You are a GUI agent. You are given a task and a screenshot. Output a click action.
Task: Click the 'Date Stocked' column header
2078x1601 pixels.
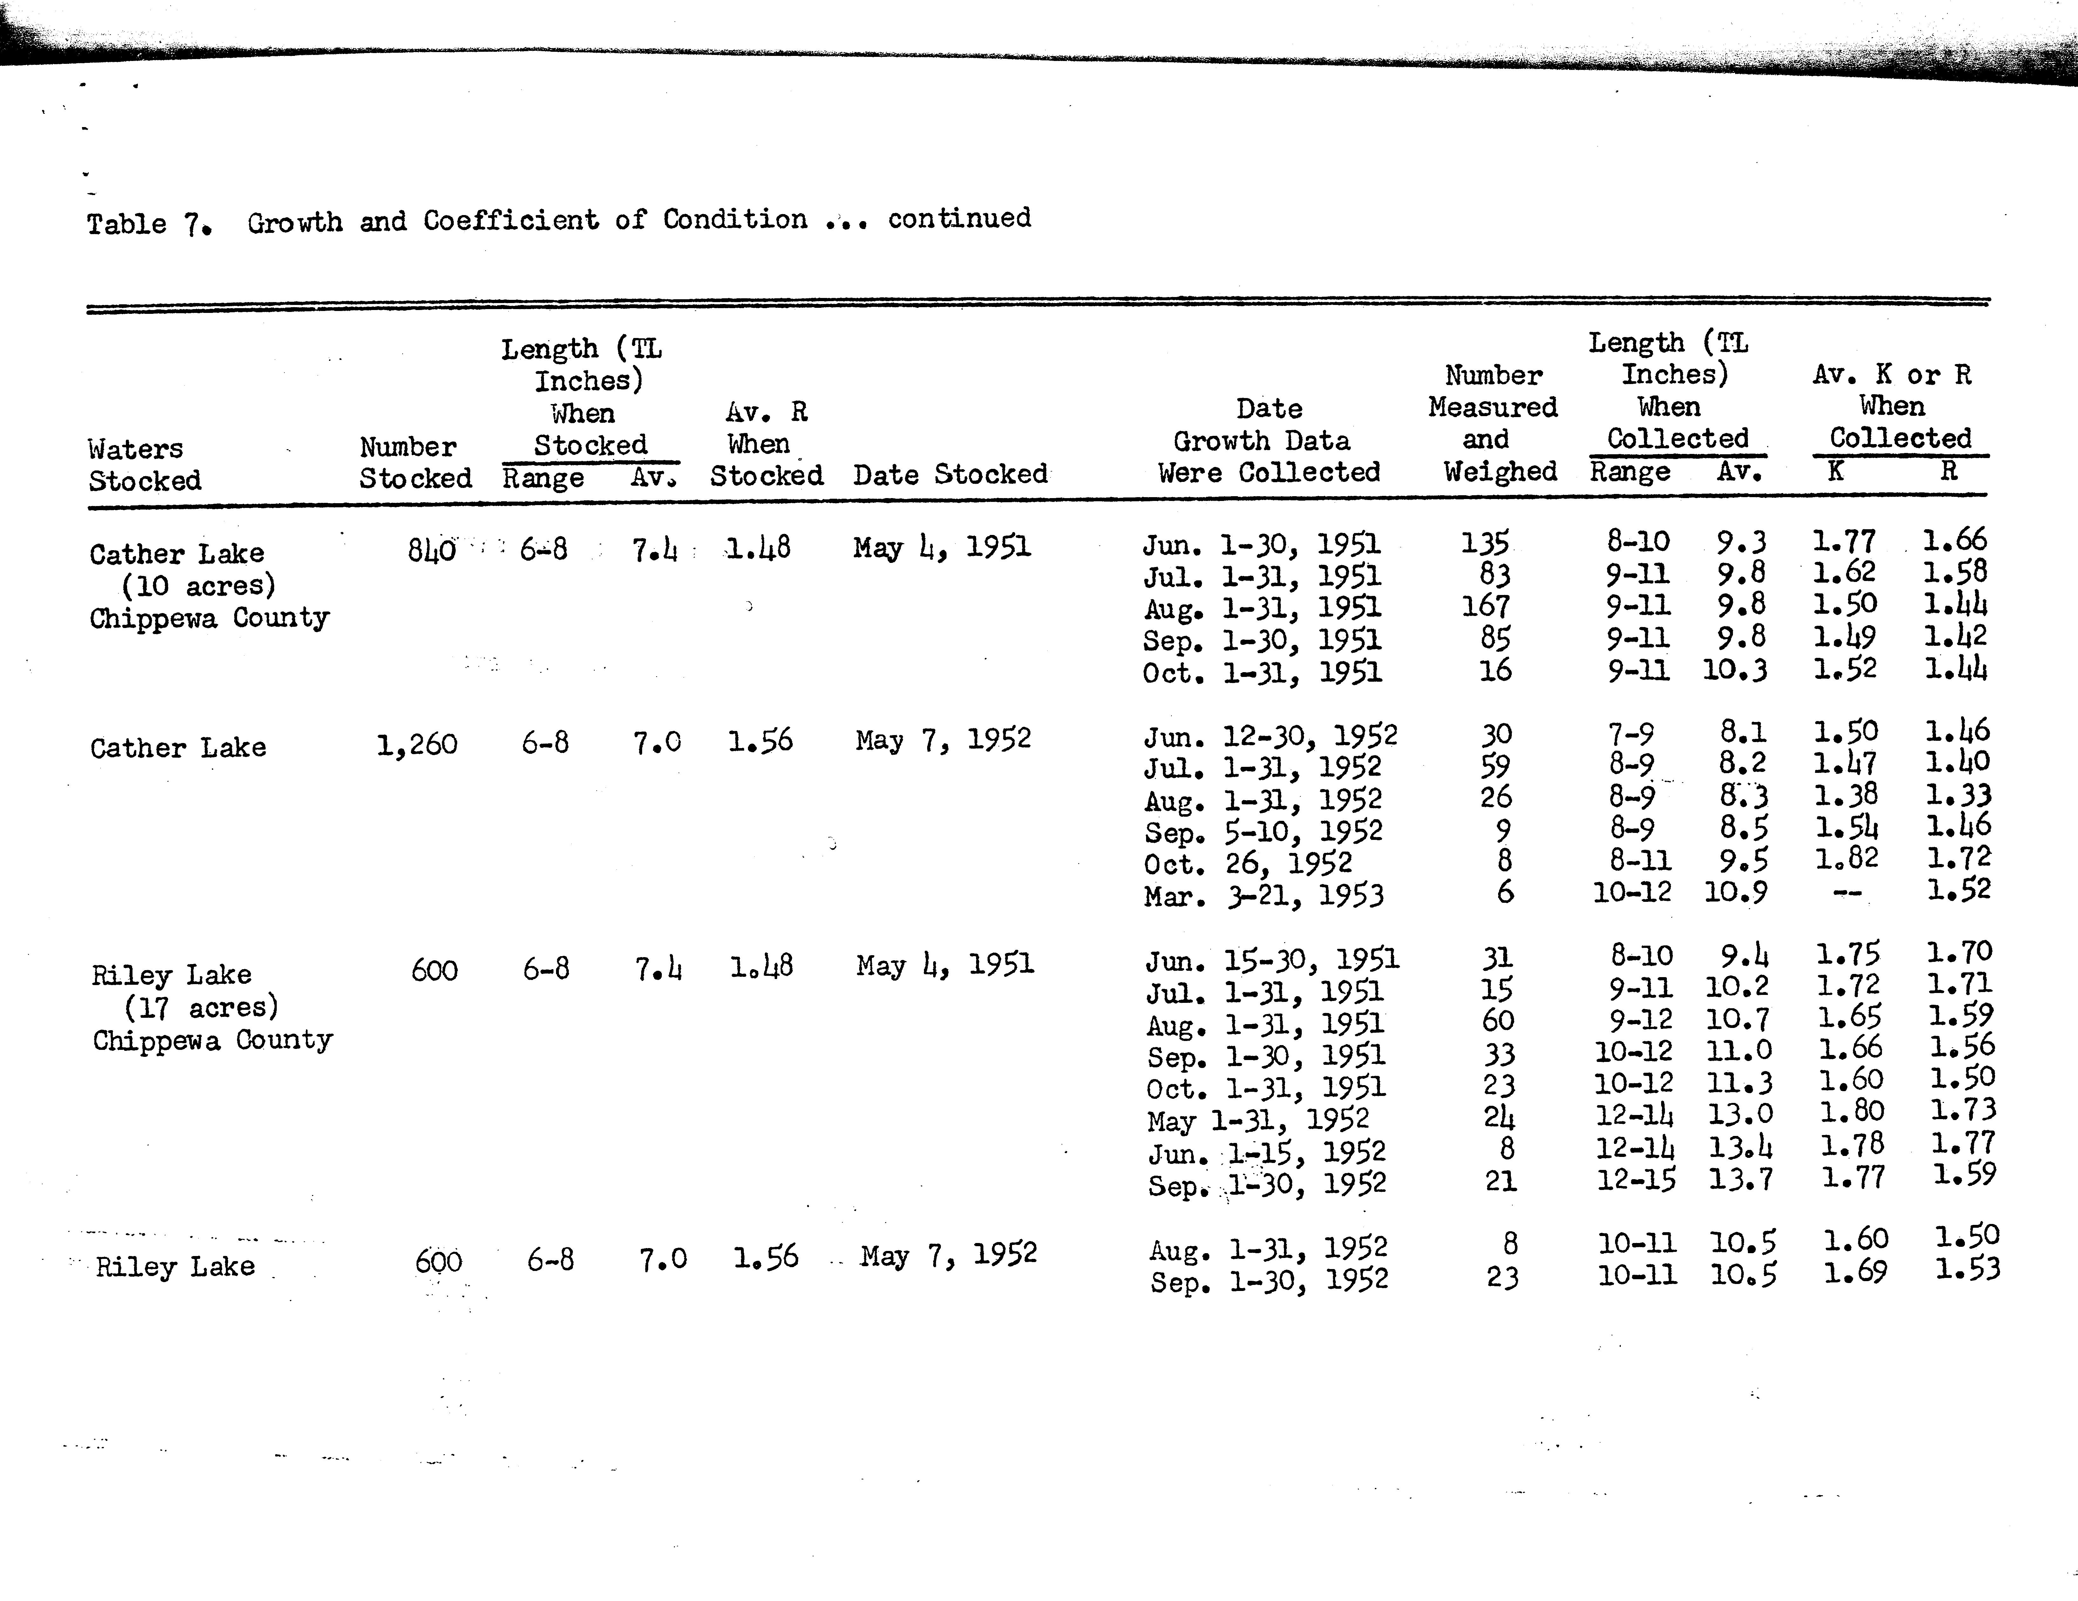point(950,474)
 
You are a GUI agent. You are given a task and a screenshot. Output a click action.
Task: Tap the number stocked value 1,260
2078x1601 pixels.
point(417,744)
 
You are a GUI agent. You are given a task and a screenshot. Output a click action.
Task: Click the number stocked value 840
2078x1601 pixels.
point(431,550)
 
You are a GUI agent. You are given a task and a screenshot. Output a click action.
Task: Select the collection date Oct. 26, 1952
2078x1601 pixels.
point(1247,863)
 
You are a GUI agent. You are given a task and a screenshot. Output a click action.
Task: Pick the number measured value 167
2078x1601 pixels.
point(1485,606)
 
